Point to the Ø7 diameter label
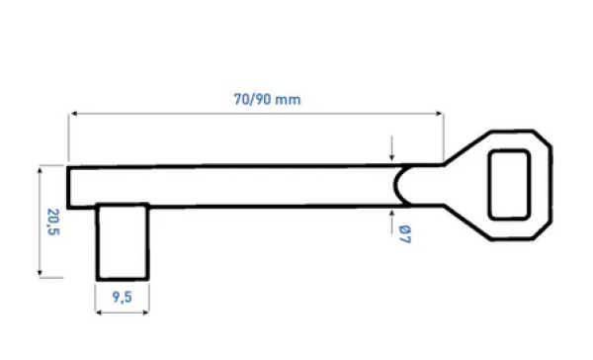click(x=404, y=235)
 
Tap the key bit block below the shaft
click(x=123, y=242)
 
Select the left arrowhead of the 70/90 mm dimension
click(x=71, y=116)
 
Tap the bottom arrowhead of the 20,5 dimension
click(x=40, y=275)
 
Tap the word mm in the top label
click(x=289, y=100)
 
